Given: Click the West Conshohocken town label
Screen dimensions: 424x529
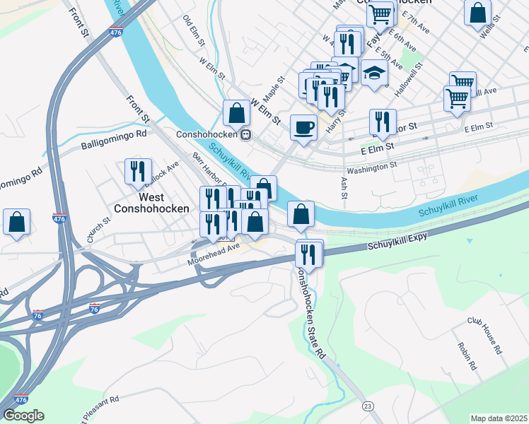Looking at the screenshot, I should (152, 203).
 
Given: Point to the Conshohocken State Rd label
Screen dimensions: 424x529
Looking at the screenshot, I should (313, 311).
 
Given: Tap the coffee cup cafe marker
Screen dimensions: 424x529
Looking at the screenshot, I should (304, 127).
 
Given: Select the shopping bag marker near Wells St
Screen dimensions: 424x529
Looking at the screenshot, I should (478, 11).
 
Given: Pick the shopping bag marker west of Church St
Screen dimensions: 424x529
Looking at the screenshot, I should (16, 221).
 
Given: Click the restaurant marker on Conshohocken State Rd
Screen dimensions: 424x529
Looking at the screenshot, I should (308, 252).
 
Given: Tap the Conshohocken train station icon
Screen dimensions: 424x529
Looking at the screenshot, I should (245, 134).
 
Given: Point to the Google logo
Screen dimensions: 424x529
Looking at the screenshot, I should (23, 416).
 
